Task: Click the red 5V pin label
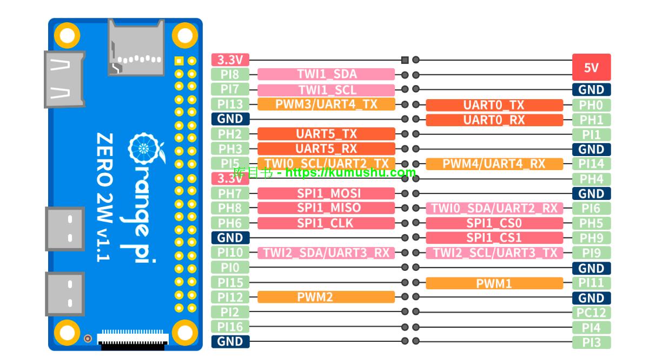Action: pyautogui.click(x=591, y=67)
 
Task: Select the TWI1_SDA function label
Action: pyautogui.click(x=326, y=74)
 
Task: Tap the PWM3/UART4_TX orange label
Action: pyautogui.click(x=326, y=104)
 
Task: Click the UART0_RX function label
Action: pyautogui.click(x=494, y=120)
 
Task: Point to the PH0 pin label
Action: pyautogui.click(x=591, y=105)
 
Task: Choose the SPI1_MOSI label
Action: pyautogui.click(x=326, y=193)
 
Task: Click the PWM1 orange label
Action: pyautogui.click(x=494, y=283)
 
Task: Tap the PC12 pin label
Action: pyautogui.click(x=591, y=313)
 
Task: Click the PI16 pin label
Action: pyautogui.click(x=230, y=326)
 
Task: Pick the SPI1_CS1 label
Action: pyautogui.click(x=494, y=237)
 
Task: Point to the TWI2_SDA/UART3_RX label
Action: pyautogui.click(x=326, y=252)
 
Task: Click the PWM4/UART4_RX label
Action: pyautogui.click(x=494, y=164)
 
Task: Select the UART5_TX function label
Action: pyautogui.click(x=326, y=134)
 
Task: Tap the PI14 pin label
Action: pyautogui.click(x=591, y=164)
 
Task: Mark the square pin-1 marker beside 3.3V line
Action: pyautogui.click(x=405, y=60)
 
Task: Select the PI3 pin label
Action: pyautogui.click(x=591, y=342)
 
